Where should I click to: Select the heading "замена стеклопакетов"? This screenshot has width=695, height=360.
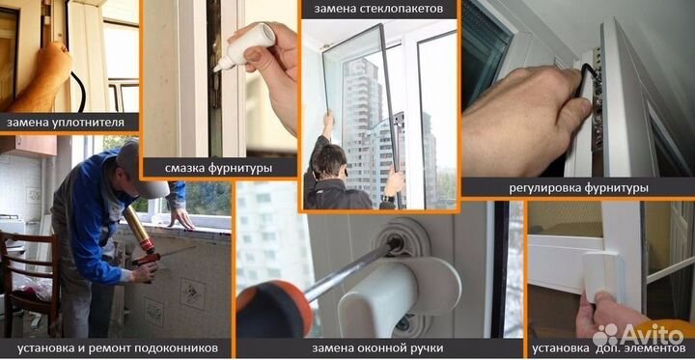(x=378, y=9)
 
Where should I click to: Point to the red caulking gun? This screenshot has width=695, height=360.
(x=142, y=258)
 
